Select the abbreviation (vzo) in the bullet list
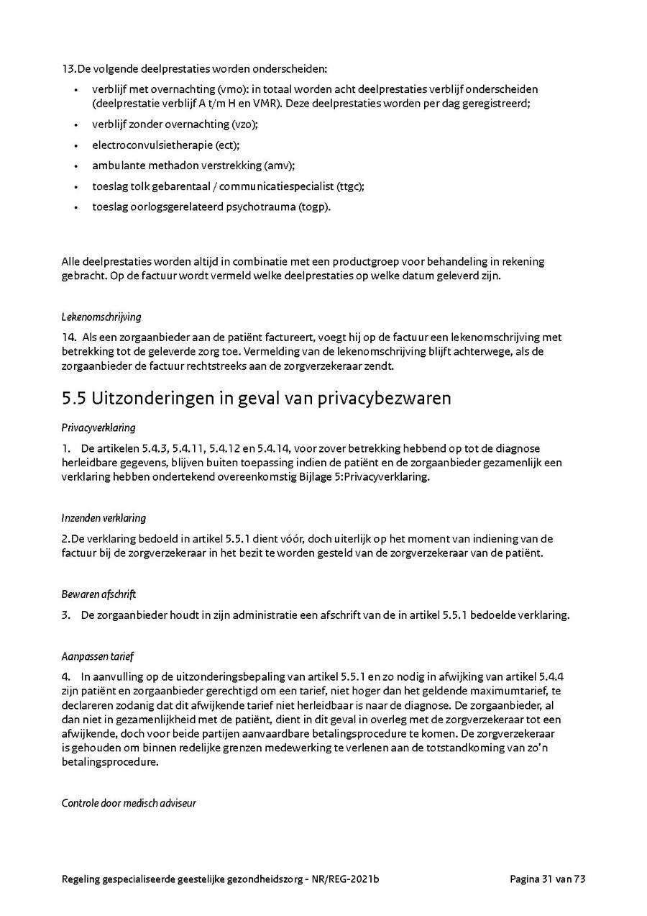click(x=244, y=124)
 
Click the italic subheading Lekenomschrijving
click(x=101, y=317)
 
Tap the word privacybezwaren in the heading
click(x=384, y=398)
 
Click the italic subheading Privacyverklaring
click(x=98, y=427)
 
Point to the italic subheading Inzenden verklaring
click(x=104, y=518)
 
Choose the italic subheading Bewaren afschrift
click(x=98, y=594)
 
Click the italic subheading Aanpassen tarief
click(x=98, y=656)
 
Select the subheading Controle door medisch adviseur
click(x=129, y=803)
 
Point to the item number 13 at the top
click(x=68, y=69)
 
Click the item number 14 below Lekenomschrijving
click(x=68, y=337)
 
